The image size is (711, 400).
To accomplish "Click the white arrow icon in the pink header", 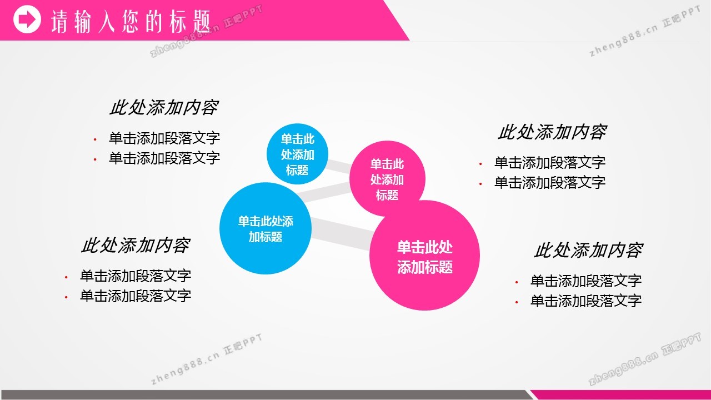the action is (27, 19).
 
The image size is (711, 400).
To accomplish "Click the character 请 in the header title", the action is (59, 22).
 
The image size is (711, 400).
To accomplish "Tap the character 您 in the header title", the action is (131, 21).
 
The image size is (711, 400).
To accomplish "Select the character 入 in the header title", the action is (106, 22).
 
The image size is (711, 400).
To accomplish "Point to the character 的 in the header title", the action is (154, 21).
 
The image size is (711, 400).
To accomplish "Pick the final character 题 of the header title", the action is (202, 21).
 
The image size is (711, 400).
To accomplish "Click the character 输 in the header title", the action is (83, 22).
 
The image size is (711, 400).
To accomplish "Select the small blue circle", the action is (297, 154).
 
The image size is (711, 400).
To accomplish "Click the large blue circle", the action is (266, 228).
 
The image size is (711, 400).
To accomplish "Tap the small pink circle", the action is (387, 179).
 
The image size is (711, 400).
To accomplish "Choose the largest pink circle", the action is (424, 255).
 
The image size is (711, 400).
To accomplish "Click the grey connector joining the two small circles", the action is (339, 166).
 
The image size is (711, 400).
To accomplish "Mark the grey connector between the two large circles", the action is (341, 234).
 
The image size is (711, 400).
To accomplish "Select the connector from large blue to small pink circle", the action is (324, 192).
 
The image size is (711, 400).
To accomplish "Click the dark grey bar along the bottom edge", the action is (267, 395).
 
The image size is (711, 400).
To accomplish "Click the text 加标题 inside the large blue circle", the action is (266, 237).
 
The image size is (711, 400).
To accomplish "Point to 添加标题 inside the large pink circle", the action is (425, 267).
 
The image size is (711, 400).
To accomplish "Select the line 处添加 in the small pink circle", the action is (387, 179).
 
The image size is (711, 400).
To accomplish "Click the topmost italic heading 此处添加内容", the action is (164, 107).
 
